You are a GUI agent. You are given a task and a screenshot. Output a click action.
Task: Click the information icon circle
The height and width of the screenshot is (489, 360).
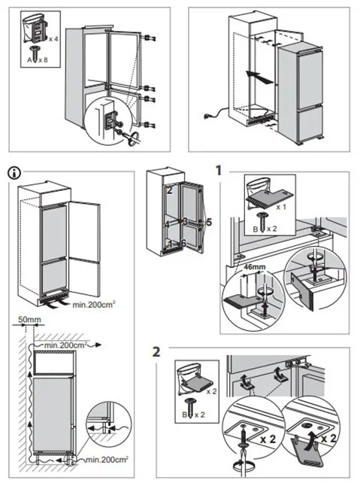[x=14, y=173]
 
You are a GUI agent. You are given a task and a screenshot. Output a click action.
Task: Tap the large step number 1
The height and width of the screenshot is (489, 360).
[x=219, y=170]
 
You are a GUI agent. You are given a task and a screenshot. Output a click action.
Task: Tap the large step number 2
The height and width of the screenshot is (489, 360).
[x=156, y=352]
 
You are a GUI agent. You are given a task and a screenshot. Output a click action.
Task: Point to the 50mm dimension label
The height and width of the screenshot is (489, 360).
[x=29, y=320]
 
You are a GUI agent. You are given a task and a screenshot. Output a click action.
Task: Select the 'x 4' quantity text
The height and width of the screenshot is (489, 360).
[x=53, y=39]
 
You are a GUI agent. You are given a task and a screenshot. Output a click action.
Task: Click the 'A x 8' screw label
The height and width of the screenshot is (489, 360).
[x=38, y=59]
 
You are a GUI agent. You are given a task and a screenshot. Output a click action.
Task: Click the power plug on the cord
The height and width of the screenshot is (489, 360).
[x=207, y=117]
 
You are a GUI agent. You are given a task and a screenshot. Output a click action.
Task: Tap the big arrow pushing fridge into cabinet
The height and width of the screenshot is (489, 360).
[x=259, y=77]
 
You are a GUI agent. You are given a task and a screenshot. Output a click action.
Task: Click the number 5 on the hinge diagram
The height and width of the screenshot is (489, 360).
[x=209, y=223]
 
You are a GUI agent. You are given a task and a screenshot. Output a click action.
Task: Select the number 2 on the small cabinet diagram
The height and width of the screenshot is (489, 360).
[x=170, y=190]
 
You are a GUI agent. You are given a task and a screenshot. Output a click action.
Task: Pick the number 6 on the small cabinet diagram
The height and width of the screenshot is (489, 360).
[x=183, y=243]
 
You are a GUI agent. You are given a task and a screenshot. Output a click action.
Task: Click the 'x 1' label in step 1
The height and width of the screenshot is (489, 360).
[x=281, y=207]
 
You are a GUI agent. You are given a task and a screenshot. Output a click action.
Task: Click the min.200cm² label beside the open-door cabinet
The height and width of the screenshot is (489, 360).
[x=94, y=304]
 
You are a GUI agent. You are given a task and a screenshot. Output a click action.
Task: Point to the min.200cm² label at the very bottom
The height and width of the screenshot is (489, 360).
[x=107, y=460]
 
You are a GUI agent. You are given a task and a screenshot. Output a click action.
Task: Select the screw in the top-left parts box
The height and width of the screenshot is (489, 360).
[x=33, y=53]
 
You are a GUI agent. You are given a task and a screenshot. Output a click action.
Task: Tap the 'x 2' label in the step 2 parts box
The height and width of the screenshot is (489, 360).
[x=212, y=391]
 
